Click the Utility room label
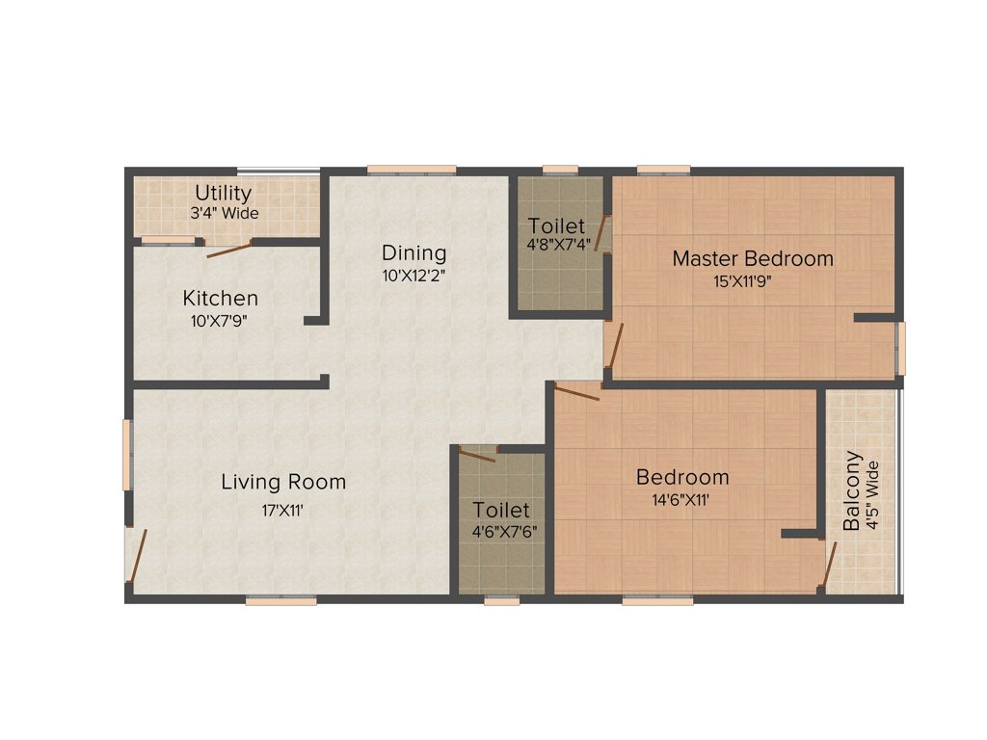tap(223, 193)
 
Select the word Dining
tap(413, 253)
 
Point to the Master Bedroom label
tap(753, 258)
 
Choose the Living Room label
tap(283, 482)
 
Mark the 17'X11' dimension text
tap(282, 511)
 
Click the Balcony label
tap(852, 491)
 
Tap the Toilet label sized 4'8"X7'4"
tap(556, 226)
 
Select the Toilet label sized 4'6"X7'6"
tap(500, 510)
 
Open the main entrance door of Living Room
tap(137, 556)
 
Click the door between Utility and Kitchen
tap(229, 250)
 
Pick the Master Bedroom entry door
tap(614, 345)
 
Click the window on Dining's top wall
tap(412, 171)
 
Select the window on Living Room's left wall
tap(127, 454)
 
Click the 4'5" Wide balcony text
tap(873, 495)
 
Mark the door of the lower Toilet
tap(477, 455)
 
